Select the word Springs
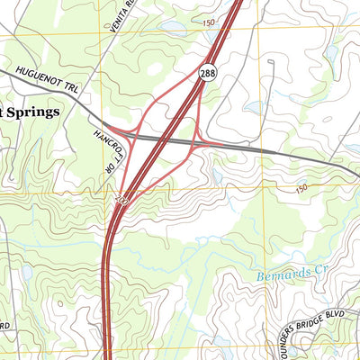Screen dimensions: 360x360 tap(32, 112)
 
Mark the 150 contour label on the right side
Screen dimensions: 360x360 tap(301, 188)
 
